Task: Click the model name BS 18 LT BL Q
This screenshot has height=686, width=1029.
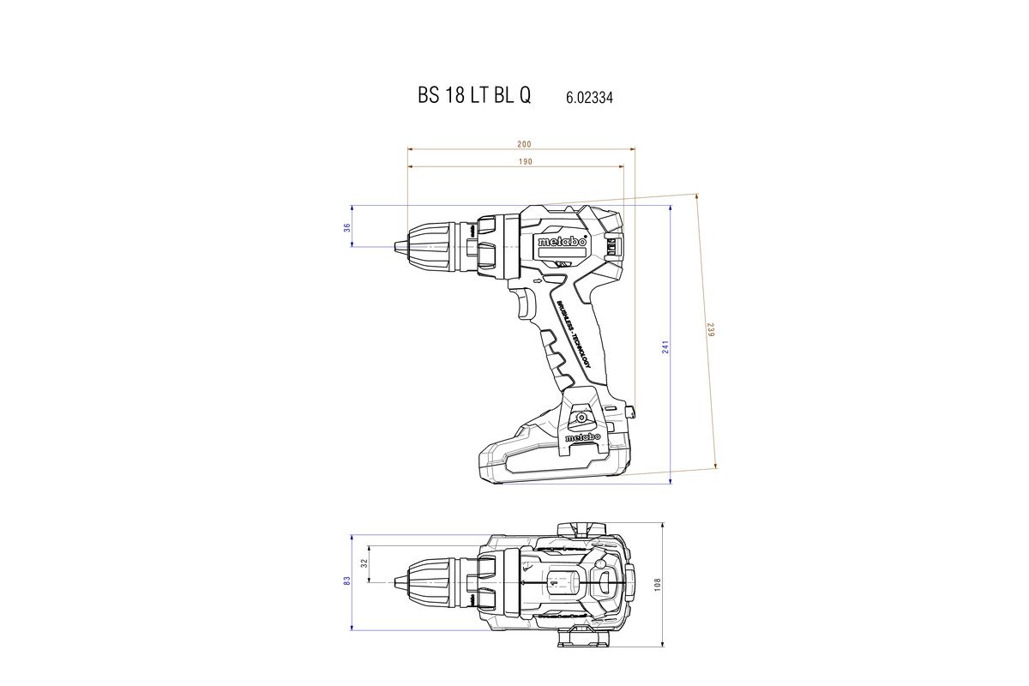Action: [474, 96]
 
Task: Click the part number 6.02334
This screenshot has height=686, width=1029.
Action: [589, 98]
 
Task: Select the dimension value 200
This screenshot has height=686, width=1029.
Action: [524, 144]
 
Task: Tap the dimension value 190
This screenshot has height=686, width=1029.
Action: [525, 161]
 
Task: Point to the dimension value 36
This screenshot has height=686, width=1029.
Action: [347, 227]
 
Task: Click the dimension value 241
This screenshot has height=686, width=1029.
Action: [665, 346]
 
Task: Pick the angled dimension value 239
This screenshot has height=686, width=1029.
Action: [710, 329]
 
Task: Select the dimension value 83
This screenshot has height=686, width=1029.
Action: [347, 581]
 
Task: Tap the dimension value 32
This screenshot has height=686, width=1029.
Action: [364, 563]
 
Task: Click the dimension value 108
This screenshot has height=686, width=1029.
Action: [658, 583]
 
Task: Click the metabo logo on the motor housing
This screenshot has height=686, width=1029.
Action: [562, 243]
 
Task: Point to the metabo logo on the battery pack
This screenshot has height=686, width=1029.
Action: [583, 437]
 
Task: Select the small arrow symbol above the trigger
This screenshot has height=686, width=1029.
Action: [538, 280]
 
